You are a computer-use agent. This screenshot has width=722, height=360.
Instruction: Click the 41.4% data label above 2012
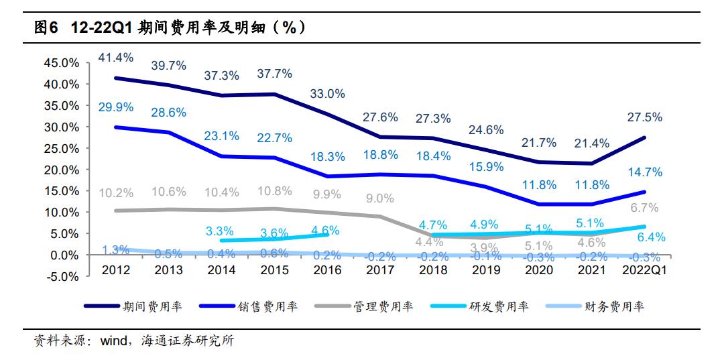click(x=115, y=58)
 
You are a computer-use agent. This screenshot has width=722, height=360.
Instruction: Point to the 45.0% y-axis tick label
click(x=61, y=63)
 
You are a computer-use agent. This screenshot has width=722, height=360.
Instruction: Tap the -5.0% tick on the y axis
click(x=62, y=276)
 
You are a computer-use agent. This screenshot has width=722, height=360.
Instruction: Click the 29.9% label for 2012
click(x=115, y=107)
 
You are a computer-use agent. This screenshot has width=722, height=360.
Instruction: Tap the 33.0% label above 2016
click(x=327, y=94)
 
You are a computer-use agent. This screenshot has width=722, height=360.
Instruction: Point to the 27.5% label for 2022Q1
click(x=644, y=117)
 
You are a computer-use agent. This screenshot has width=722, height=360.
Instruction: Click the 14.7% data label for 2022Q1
click(x=644, y=172)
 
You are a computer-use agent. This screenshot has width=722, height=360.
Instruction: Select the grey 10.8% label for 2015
click(x=274, y=191)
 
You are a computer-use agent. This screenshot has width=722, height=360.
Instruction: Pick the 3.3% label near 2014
click(x=221, y=232)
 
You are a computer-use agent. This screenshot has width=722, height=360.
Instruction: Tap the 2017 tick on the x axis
click(x=380, y=270)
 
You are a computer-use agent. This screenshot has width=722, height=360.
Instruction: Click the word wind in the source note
click(x=113, y=341)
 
